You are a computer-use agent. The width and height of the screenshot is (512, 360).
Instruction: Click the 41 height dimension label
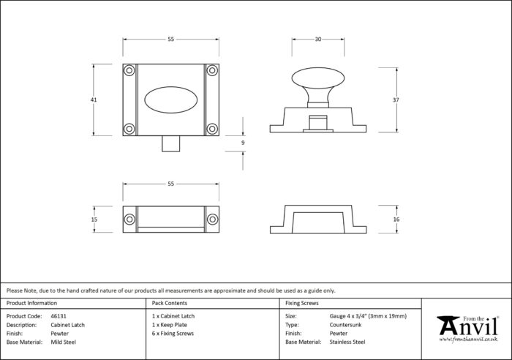[94, 100]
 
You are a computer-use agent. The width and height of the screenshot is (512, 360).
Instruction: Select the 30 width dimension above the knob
[318, 40]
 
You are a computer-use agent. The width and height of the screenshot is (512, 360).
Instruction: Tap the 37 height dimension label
[396, 100]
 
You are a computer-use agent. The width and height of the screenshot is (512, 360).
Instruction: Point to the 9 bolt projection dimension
[243, 143]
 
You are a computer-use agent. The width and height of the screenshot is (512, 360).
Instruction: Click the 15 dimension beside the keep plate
[94, 220]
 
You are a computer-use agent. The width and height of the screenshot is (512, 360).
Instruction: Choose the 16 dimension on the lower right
[396, 220]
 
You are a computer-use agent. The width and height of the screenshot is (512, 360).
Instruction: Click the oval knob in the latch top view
[170, 100]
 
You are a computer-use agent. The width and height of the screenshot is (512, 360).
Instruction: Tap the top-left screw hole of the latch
[129, 70]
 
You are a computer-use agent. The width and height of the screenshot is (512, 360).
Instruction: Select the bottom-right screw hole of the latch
[212, 129]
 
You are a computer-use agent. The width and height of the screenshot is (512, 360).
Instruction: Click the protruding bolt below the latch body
[170, 143]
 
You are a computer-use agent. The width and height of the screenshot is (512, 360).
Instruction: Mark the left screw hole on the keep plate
[129, 220]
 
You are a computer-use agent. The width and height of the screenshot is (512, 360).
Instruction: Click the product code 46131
[59, 316]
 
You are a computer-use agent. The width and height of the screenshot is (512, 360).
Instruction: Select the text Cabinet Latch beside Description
[67, 325]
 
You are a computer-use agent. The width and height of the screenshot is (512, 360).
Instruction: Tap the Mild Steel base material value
[64, 342]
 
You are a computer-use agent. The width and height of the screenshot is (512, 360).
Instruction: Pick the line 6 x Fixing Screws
[173, 334]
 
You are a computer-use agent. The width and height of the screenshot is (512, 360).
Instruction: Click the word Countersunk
[345, 325]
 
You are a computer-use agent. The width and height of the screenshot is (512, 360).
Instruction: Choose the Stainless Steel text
[347, 342]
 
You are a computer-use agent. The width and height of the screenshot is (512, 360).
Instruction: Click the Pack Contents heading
[170, 303]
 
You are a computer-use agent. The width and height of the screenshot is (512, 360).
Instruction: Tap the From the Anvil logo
[467, 329]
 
